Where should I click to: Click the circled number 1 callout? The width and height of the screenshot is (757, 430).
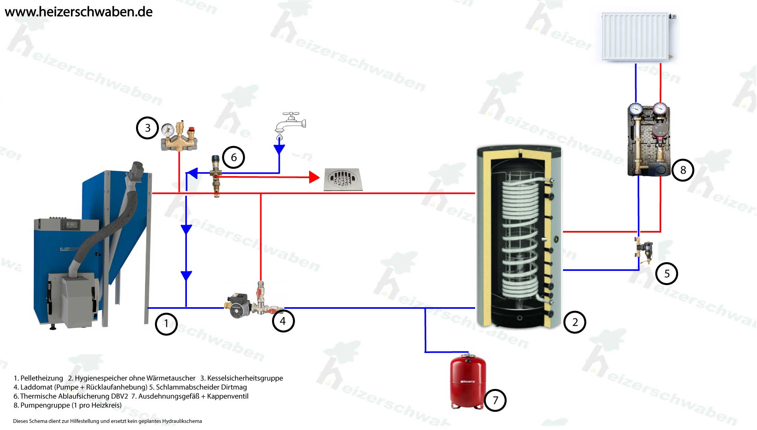pyautogui.click(x=166, y=324)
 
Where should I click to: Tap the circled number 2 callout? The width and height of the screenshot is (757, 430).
pyautogui.click(x=574, y=322)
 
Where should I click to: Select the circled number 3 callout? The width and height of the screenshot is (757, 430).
pyautogui.click(x=147, y=128)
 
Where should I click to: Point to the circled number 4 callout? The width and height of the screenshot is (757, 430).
pyautogui.click(x=283, y=321)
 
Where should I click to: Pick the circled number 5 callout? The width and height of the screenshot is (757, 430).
pyautogui.click(x=666, y=274)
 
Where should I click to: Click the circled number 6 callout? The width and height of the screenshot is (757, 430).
pyautogui.click(x=233, y=158)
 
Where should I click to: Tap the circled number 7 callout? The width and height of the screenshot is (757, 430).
pyautogui.click(x=495, y=400)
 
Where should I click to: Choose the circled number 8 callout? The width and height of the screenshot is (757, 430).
pyautogui.click(x=683, y=170)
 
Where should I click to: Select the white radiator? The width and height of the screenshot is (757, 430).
pyautogui.click(x=636, y=37)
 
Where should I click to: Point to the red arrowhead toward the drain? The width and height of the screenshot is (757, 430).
pyautogui.click(x=314, y=177)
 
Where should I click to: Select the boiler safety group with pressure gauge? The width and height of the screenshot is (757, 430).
pyautogui.click(x=179, y=137)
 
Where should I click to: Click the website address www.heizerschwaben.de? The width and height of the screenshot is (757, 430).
pyautogui.click(x=79, y=12)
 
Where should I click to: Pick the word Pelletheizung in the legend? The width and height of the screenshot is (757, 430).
pyautogui.click(x=41, y=378)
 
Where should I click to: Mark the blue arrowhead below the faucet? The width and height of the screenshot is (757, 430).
pyautogui.click(x=279, y=149)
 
